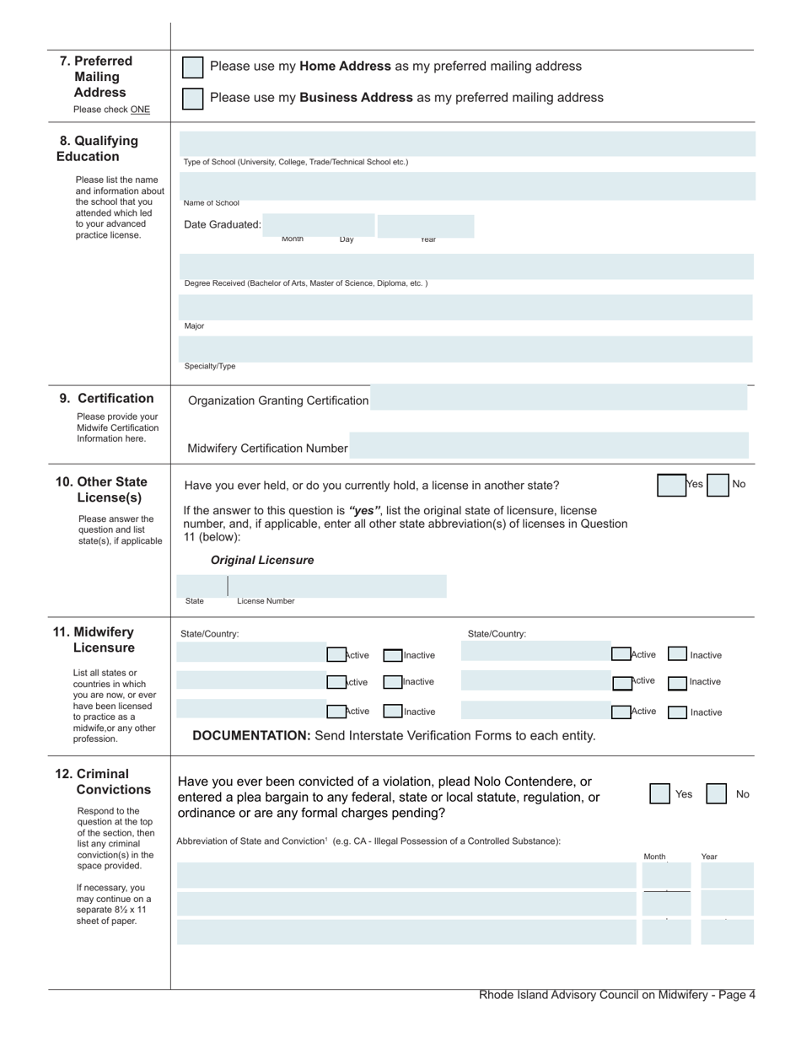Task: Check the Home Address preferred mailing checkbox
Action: pyautogui.click(x=193, y=67)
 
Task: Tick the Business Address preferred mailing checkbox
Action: pyautogui.click(x=193, y=99)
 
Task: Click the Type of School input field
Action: pyautogui.click(x=467, y=144)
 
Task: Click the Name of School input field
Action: pyautogui.click(x=467, y=185)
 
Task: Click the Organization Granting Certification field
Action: pyautogui.click(x=558, y=398)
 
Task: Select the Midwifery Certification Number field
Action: pyautogui.click(x=548, y=446)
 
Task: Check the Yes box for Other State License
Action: pyautogui.click(x=671, y=486)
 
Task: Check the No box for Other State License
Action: pyautogui.click(x=718, y=486)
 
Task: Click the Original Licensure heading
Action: pyautogui.click(x=262, y=561)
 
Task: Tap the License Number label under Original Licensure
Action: pyautogui.click(x=266, y=601)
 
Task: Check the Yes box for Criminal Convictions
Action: pyautogui.click(x=659, y=794)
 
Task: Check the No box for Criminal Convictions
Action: pyautogui.click(x=716, y=794)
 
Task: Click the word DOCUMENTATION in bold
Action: pyautogui.click(x=251, y=736)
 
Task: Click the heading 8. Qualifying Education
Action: pyautogui.click(x=98, y=148)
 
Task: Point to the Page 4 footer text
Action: pyautogui.click(x=616, y=995)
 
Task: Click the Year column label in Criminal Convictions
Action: pyautogui.click(x=709, y=857)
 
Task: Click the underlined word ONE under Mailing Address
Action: pyautogui.click(x=140, y=110)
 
